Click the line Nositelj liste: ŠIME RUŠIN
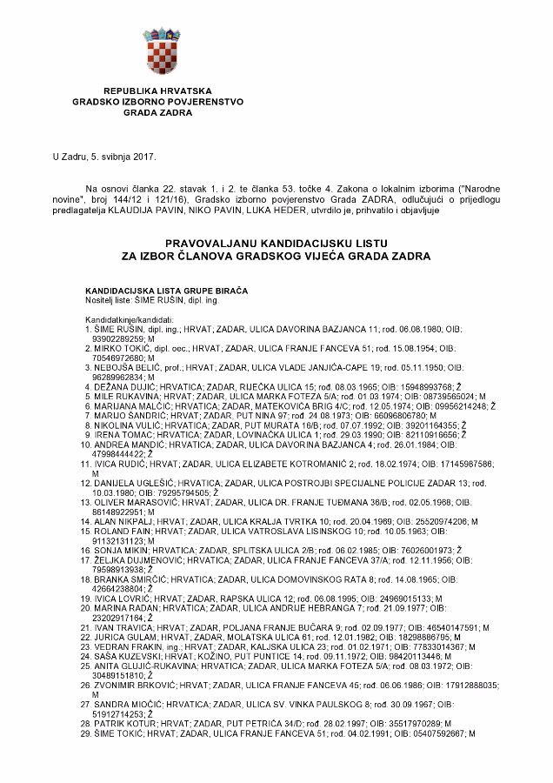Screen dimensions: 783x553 click(x=151, y=298)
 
